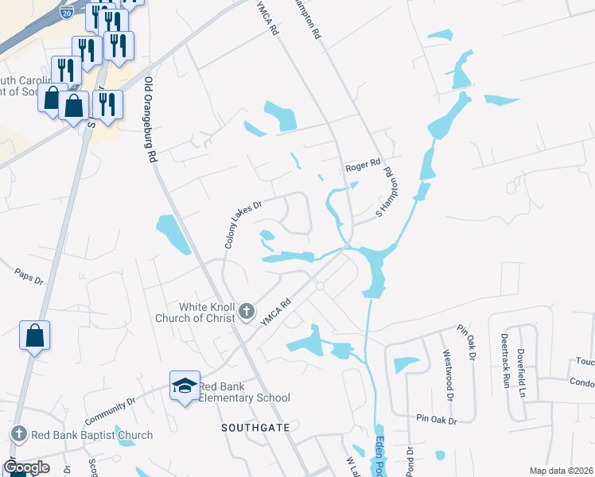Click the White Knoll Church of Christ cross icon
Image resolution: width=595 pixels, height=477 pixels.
247,310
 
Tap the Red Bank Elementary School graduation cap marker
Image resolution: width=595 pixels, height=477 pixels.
185,384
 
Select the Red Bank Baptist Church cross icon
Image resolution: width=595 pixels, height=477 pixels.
19,434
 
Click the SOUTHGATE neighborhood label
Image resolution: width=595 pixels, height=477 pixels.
251,428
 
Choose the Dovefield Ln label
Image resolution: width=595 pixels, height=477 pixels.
521,370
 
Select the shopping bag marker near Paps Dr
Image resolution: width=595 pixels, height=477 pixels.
35,336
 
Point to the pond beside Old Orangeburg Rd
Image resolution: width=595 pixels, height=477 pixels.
173,234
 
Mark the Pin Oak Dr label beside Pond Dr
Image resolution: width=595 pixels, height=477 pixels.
436,419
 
